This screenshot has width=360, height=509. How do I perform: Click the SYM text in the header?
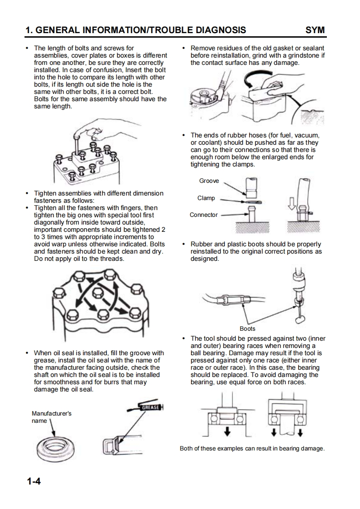tap(316, 30)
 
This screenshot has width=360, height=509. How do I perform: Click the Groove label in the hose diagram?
tap(209, 181)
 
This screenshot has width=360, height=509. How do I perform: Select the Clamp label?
tap(206, 198)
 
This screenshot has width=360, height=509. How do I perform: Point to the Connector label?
tap(204, 215)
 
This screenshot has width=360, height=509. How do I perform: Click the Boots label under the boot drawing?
tap(247, 328)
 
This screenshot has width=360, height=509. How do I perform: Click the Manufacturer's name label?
tap(51, 417)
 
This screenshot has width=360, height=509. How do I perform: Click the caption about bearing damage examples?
tap(252, 449)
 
